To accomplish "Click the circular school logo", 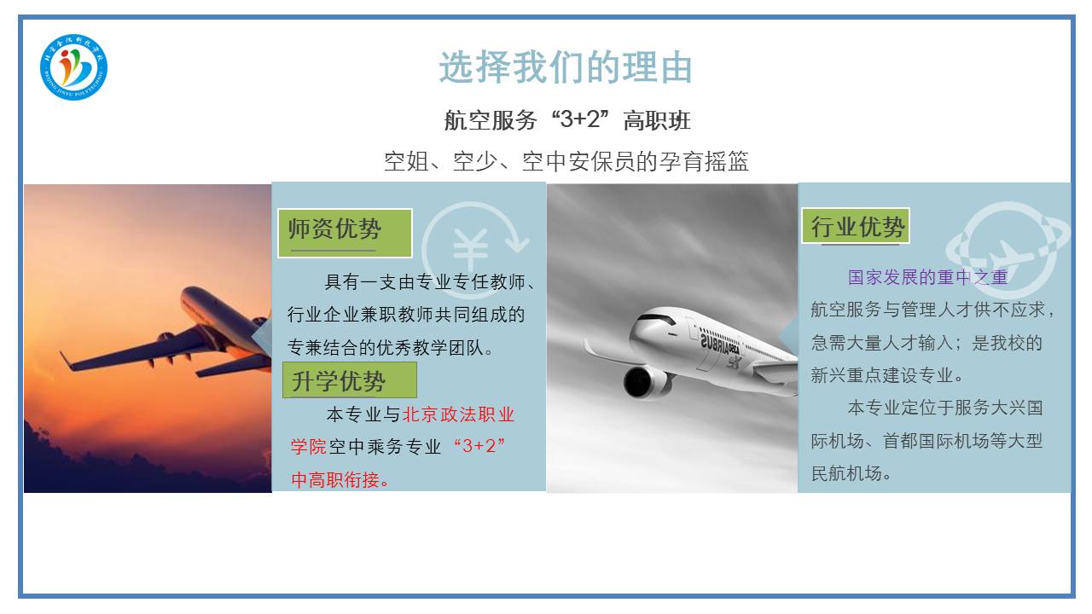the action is (73, 67).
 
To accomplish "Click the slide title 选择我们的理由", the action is (566, 67).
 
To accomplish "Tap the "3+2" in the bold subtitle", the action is (580, 119).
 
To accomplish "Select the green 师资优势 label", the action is (345, 233).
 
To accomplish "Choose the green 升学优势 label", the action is (350, 380).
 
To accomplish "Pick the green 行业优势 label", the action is (856, 226).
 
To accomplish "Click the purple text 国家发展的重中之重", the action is (927, 277).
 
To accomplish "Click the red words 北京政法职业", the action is (458, 414).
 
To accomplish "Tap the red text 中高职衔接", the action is (340, 480).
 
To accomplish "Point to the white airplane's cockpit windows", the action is (657, 319).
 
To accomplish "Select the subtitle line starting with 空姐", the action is (566, 161).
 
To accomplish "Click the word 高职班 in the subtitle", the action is (657, 120).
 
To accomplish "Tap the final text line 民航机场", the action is (851, 473).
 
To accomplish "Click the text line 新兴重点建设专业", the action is (887, 375).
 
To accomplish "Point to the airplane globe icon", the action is (1008, 250).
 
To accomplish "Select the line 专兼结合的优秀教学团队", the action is (390, 347).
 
